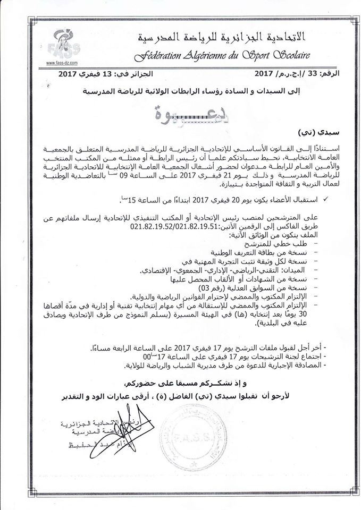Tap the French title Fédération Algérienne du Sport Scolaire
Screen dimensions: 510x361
(222, 55)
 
